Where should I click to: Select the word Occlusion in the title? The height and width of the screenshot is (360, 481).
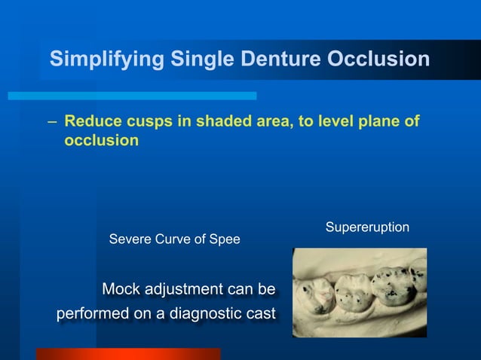pos(378,59)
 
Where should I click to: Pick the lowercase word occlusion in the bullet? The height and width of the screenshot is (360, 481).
pos(101,140)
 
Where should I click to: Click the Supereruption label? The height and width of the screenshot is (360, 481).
pos(367,227)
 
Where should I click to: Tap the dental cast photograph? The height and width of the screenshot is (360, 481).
pos(359,292)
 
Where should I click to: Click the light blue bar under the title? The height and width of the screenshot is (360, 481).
pos(133,96)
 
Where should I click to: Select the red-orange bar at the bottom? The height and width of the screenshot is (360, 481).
pos(128,354)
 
